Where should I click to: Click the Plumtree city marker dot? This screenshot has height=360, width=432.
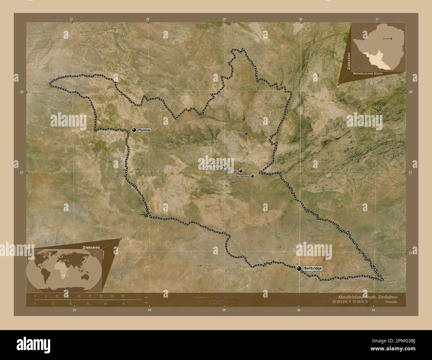click(134, 130)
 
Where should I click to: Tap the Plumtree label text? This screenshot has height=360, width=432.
click(144, 130)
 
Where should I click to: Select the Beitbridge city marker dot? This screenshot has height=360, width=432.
click(299, 268)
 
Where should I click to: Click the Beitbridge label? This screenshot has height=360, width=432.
click(312, 268)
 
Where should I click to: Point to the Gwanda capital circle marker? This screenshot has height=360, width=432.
click(225, 166)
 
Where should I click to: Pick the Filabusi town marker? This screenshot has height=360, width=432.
click(246, 134)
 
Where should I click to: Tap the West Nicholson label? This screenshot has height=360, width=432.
click(242, 176)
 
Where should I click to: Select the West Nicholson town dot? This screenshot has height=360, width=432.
click(252, 176)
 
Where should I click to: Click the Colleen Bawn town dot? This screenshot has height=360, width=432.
click(241, 171)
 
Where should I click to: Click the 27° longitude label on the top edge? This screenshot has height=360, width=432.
click(71, 20)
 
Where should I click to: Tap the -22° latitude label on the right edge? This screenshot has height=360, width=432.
click(410, 253)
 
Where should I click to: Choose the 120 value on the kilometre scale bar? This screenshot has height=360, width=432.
click(123, 296)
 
